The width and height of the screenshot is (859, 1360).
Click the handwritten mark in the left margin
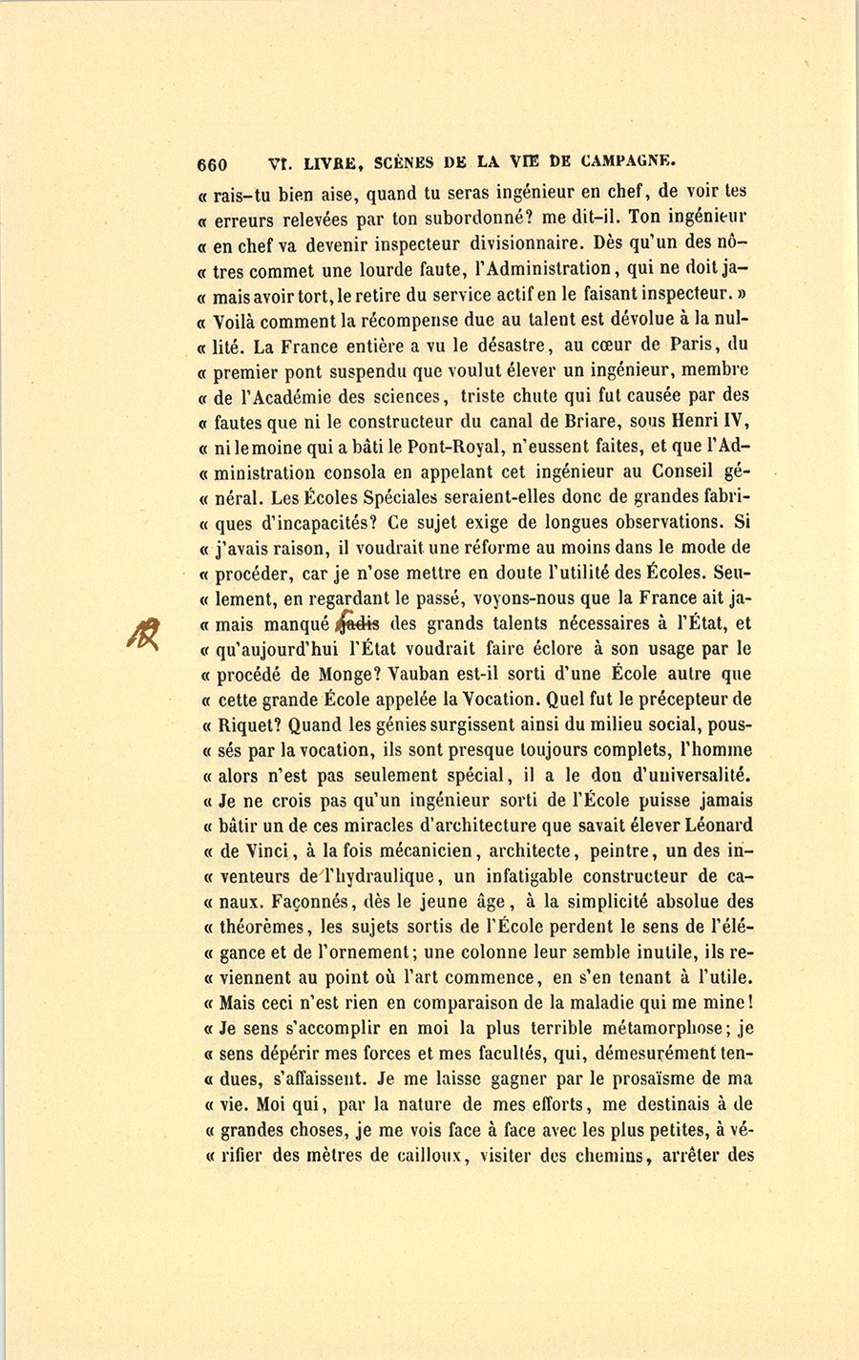point(147,633)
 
